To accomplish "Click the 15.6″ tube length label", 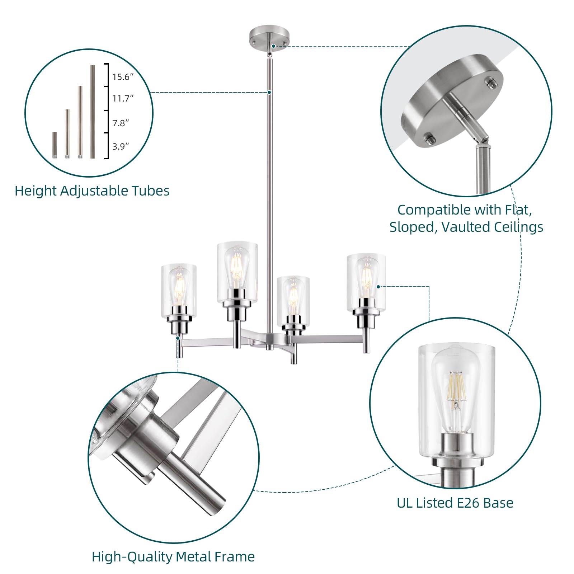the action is [123, 77].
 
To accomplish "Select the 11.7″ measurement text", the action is [123, 98].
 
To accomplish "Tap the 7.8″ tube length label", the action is [121, 123].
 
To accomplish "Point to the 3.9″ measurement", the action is [121, 146].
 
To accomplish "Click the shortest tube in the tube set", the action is [55, 145].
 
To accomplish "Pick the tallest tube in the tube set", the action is [93, 112].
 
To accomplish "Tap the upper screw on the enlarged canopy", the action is [491, 83].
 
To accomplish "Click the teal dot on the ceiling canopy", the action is [273, 46].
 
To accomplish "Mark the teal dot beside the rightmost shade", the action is [378, 287].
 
